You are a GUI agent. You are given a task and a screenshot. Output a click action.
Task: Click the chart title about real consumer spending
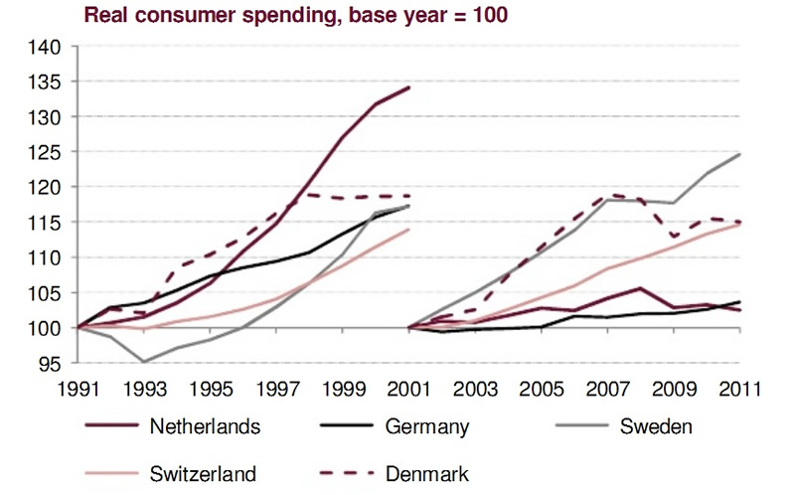[x=296, y=16]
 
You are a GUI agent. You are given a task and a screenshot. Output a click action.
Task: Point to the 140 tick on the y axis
[x=48, y=47]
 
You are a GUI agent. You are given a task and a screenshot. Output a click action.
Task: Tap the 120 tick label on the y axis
[x=48, y=187]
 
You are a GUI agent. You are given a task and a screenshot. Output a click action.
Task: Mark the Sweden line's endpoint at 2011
[x=740, y=154]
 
